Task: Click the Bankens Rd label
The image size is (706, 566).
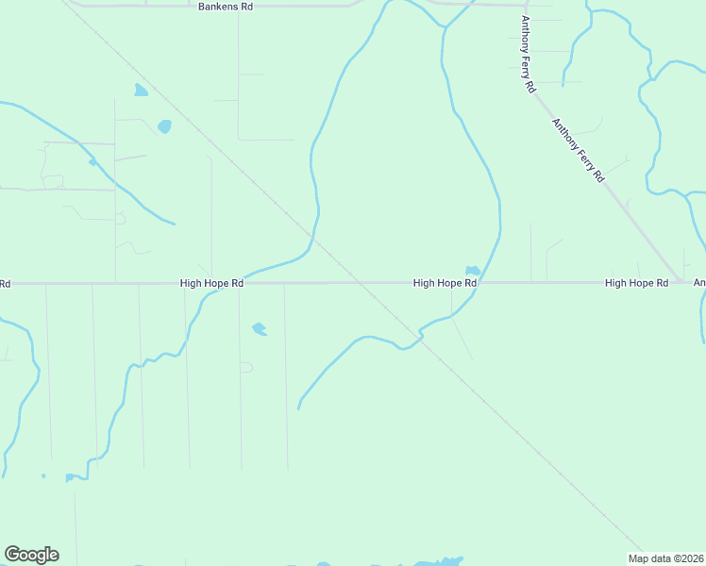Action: click(227, 7)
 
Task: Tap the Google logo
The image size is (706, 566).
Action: click(31, 555)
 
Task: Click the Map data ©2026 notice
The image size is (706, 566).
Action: click(666, 558)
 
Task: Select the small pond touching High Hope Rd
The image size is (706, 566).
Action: click(472, 271)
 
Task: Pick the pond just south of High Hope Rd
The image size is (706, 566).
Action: click(259, 329)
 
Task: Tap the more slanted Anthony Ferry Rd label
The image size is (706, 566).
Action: click(578, 150)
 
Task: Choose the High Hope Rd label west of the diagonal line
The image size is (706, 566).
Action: click(212, 283)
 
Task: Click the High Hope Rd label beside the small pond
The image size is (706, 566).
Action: click(445, 283)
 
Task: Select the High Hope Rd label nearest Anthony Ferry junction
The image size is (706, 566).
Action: click(636, 283)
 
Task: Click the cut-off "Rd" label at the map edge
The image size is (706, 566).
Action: click(5, 283)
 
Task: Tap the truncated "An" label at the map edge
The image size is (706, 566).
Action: click(699, 283)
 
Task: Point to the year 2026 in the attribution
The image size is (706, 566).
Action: click(692, 558)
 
